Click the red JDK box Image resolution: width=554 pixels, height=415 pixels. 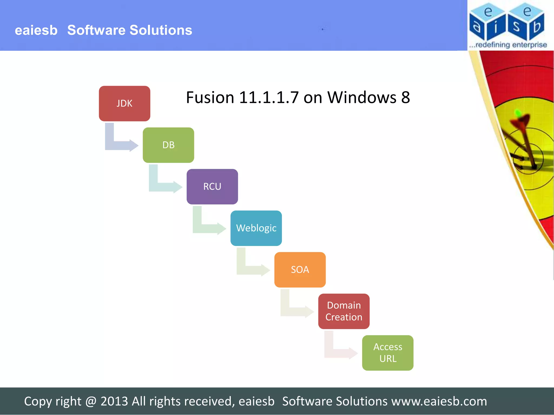pos(124,103)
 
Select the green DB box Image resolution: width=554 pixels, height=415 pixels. pos(168,145)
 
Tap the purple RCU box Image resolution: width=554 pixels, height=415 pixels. pos(212,186)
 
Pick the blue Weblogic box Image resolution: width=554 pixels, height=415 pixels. pos(256,228)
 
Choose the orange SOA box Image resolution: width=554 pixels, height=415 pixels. pos(300,270)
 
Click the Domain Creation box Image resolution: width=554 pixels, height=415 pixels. pos(344,311)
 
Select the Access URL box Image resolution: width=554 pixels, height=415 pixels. pos(387,353)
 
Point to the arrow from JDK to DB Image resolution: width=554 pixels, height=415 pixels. pos(119,145)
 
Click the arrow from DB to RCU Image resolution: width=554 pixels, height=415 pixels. pos(163,186)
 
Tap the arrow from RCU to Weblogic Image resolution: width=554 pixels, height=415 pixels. pos(207,228)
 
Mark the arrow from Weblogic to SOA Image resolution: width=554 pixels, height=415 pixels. pos(250,270)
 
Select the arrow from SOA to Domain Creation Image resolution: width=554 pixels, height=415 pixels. pos(294,311)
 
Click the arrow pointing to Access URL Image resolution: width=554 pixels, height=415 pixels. pos(338,353)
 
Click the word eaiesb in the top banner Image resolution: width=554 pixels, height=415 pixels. pos(36,30)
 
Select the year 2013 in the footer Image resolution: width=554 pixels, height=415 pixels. pos(114,401)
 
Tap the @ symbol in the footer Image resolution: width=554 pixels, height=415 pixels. pos(91,401)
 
